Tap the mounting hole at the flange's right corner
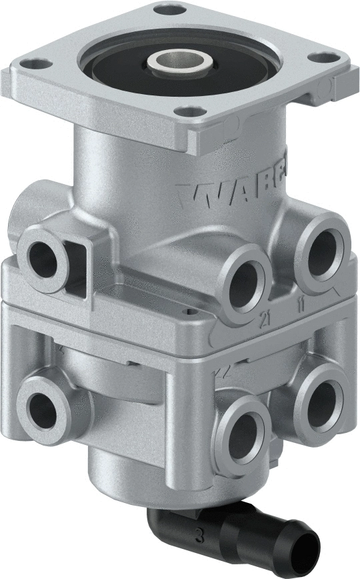pyautogui.click(x=324, y=59)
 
